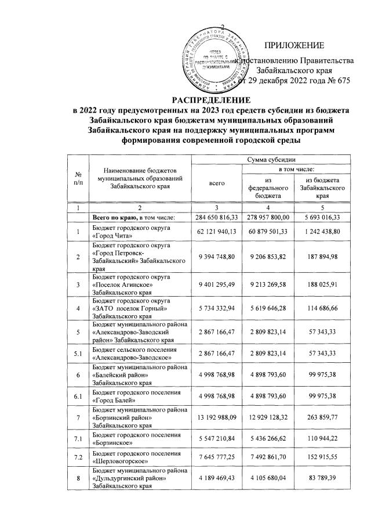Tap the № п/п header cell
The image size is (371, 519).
(x=78, y=179)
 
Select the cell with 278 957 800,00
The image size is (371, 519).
(x=267, y=217)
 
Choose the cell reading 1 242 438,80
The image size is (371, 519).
(x=317, y=233)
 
